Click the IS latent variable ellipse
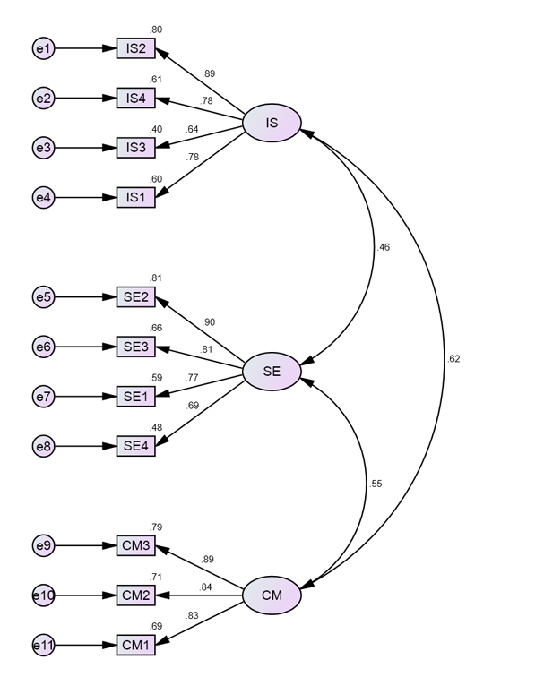click(x=272, y=123)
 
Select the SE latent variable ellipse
click(x=272, y=371)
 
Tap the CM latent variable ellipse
click(x=272, y=595)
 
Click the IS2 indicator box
click(x=136, y=48)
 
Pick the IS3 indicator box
click(x=136, y=148)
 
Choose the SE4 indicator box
click(x=136, y=446)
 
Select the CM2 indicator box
click(x=136, y=595)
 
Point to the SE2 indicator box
click(x=136, y=296)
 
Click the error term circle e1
click(x=43, y=48)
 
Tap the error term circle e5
click(x=43, y=296)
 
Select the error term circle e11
click(x=43, y=645)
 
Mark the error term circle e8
click(x=43, y=446)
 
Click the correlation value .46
click(x=384, y=247)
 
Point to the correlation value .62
click(x=453, y=359)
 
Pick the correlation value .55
click(x=376, y=484)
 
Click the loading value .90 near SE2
click(x=209, y=322)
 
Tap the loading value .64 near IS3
click(x=192, y=129)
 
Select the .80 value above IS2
click(x=156, y=30)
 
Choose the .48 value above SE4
click(x=156, y=427)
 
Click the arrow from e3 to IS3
click(x=86, y=148)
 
